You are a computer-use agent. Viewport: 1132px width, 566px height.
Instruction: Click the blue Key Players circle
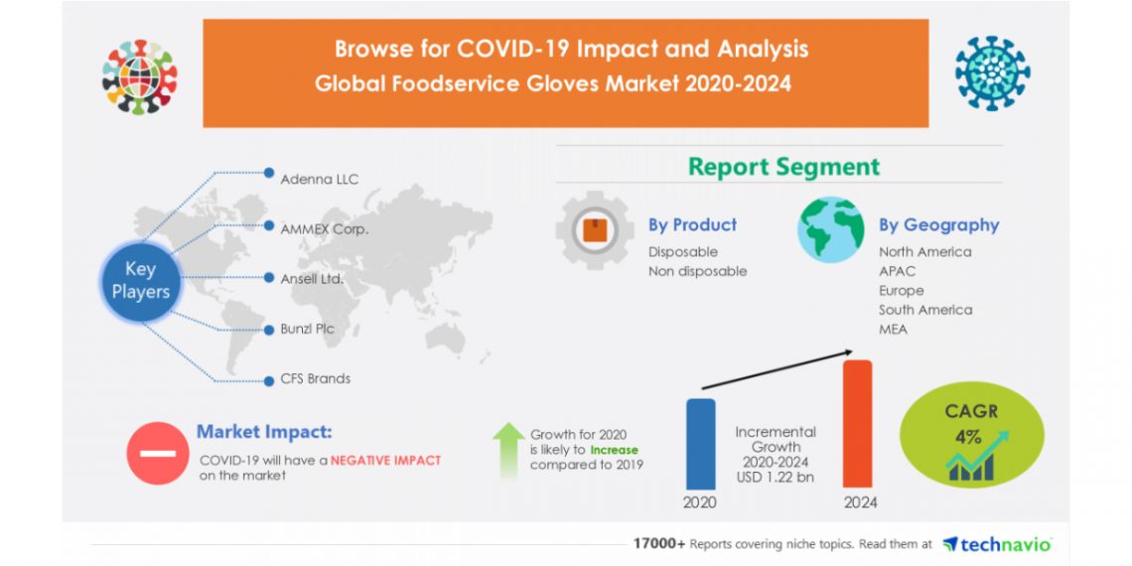[140, 279]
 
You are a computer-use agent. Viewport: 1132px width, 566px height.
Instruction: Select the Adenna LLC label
[319, 179]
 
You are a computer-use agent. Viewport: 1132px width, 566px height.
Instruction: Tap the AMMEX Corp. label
[324, 228]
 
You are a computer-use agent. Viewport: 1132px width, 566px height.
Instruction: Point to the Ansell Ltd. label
[312, 279]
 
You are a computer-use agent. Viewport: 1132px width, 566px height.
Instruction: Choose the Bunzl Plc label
[307, 329]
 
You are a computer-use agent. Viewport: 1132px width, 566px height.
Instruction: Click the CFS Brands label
[315, 378]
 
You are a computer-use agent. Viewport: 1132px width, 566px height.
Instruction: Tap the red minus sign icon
[157, 453]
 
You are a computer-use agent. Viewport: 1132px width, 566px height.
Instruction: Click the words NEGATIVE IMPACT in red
[385, 461]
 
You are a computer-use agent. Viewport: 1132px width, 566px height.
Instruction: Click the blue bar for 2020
[700, 444]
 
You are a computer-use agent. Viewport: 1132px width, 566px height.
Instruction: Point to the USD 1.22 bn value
[776, 478]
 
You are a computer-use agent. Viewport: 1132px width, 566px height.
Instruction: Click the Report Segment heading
[783, 167]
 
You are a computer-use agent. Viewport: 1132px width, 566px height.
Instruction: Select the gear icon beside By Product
[595, 232]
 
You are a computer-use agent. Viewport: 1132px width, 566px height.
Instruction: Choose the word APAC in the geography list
[897, 271]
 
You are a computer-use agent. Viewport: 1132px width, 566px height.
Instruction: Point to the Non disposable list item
[697, 271]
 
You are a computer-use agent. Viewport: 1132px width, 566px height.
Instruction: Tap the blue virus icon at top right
[992, 73]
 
